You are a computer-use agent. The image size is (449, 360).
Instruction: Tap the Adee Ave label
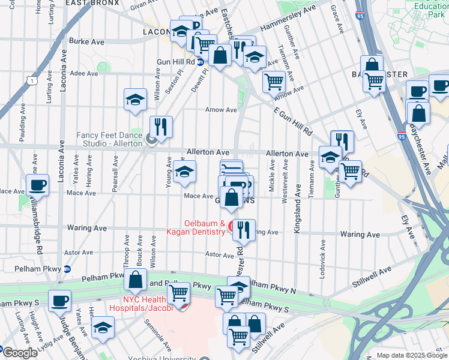[x=83, y=73]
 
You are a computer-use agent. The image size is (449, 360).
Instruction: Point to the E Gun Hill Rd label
[x=294, y=121]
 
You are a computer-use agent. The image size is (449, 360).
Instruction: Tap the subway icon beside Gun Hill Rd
[x=200, y=61]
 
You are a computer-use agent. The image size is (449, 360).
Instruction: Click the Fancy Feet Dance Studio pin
[x=151, y=140]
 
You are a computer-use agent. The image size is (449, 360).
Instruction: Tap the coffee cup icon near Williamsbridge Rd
[x=38, y=185]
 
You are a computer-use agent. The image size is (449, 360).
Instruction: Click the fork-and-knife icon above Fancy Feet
[x=160, y=127]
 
